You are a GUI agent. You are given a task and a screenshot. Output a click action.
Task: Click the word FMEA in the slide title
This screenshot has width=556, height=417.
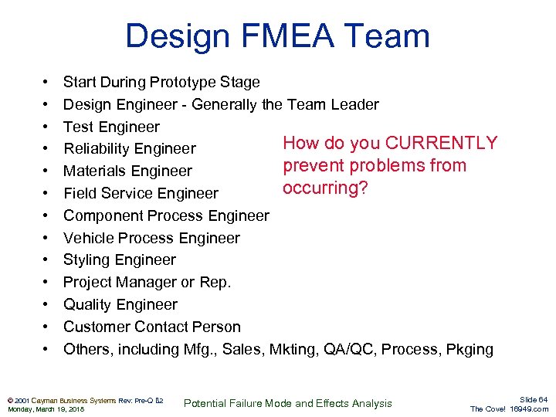276,36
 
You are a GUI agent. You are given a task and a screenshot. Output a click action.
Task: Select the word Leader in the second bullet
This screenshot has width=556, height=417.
354,104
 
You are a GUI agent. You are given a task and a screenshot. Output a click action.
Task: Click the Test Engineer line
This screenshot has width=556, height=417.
111,127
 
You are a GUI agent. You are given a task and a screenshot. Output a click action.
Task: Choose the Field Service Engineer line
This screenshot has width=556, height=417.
141,194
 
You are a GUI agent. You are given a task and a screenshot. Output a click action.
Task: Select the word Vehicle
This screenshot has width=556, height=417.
89,238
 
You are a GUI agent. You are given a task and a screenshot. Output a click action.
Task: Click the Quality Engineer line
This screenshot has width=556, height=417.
120,305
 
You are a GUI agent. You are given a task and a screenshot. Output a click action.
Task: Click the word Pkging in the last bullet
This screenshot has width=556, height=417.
468,349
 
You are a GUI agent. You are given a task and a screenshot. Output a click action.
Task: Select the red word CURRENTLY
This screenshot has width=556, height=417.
441,144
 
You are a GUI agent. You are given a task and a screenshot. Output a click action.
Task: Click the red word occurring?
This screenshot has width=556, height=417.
325,188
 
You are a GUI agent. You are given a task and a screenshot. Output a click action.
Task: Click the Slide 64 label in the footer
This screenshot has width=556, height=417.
533,399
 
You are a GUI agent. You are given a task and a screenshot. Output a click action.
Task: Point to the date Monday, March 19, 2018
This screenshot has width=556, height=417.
46,409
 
